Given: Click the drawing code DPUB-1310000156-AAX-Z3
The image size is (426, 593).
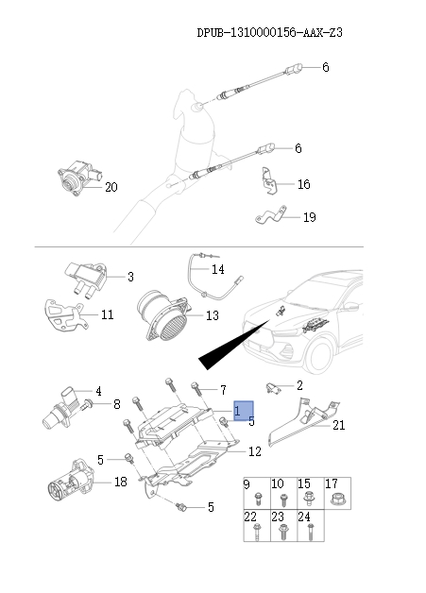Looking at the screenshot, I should [268, 32].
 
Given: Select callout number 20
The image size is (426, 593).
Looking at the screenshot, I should [111, 187].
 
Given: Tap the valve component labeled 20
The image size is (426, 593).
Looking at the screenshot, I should [75, 179].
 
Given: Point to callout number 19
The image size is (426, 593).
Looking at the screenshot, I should [309, 217].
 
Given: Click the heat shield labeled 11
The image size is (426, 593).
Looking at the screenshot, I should [62, 316].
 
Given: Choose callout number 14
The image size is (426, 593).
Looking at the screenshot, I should [218, 270].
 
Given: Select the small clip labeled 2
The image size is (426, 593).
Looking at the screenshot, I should [274, 386].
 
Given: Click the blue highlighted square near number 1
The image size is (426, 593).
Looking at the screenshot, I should [244, 410].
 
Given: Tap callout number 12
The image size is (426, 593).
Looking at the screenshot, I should [254, 452].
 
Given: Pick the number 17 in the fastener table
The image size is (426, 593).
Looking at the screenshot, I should [332, 484].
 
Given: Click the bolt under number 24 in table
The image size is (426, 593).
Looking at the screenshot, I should [307, 533].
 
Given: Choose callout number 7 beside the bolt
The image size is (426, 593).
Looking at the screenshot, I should [223, 390].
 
